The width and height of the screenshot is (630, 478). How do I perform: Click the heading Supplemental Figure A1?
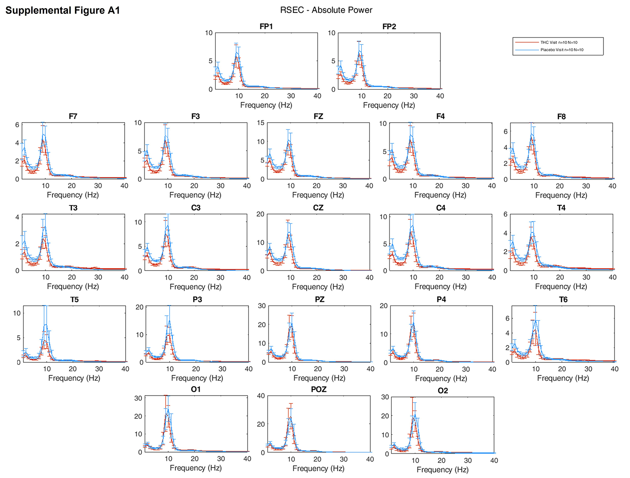coord(63,10)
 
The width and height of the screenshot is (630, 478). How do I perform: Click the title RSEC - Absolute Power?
coord(326,10)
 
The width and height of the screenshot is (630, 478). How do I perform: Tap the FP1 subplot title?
coord(266,27)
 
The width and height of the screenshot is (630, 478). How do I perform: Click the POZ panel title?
coord(319,389)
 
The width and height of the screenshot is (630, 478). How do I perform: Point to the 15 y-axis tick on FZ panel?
coord(261,123)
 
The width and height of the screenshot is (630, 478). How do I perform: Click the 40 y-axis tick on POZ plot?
coord(261,396)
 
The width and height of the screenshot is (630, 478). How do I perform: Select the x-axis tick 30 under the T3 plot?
coord(98,277)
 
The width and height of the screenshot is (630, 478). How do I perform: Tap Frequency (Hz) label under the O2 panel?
coord(443,470)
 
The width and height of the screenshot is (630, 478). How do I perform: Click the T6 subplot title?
coord(563,300)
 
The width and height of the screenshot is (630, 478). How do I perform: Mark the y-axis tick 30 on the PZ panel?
coord(262,306)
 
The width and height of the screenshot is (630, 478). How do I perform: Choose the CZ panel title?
coord(318,208)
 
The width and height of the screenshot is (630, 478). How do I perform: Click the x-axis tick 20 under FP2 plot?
coord(388,96)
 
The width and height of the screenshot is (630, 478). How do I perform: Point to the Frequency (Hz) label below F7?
coord(73,195)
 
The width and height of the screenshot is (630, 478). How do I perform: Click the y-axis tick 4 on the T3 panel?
coord(17,217)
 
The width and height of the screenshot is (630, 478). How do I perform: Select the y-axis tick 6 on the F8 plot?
coord(506,131)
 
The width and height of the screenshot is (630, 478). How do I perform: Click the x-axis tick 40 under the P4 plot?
coord(492,369)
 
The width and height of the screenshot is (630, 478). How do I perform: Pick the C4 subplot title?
coord(441,208)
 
